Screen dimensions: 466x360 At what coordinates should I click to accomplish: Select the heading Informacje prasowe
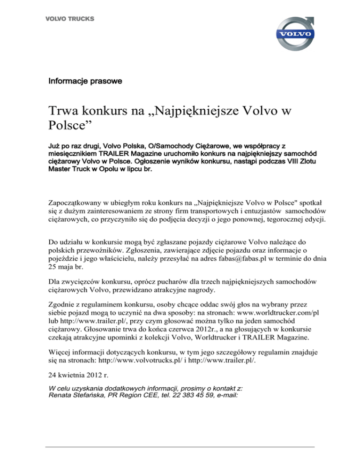pyautogui.click(x=85, y=81)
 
